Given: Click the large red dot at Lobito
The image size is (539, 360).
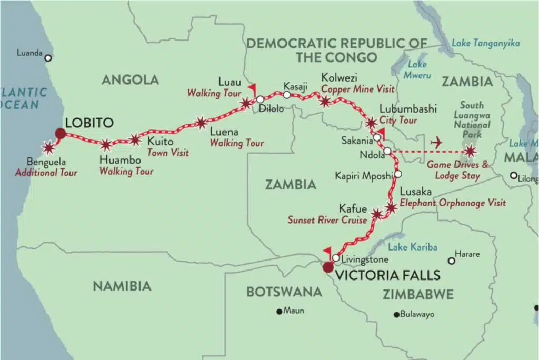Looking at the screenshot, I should tap(61, 134).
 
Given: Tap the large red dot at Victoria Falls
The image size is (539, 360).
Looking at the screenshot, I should tap(328, 267).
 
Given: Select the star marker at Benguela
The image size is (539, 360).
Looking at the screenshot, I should tap(49, 148).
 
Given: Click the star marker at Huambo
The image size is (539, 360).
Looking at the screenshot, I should tap(106, 144).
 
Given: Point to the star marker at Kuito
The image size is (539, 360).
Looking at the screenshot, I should tap(135, 139).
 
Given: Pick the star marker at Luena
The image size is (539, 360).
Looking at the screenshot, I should tap(201, 123).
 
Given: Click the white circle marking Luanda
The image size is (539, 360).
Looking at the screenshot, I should tap(48, 58).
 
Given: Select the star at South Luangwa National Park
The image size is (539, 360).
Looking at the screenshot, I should tap(470, 152).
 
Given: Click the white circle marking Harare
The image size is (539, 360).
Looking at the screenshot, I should tap(451, 261).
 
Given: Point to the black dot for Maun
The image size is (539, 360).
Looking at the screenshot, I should tap(280, 311).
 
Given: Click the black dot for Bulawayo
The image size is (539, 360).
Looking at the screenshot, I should tap(396, 315).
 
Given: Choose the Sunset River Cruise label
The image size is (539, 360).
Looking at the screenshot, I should tap(327, 220).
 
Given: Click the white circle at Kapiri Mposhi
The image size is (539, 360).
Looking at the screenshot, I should tap(398, 174).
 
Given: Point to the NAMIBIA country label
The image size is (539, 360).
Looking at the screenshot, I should tap(122, 286).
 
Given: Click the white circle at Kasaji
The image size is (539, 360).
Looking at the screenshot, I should tap(286, 95).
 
